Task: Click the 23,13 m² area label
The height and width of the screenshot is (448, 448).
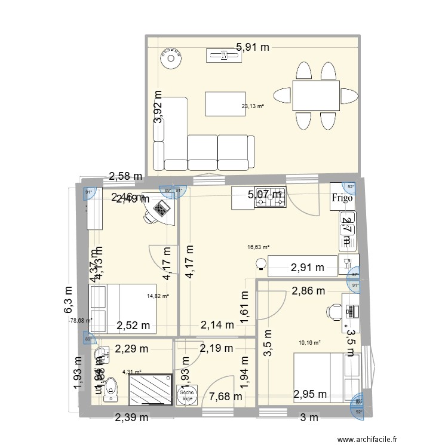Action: coord(253,107)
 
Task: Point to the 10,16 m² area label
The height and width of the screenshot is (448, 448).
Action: coord(309,343)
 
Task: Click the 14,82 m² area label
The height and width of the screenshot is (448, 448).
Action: coord(158,295)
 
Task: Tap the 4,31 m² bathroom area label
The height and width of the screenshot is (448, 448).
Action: coord(132,373)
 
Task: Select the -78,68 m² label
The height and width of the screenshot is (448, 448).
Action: coord(81,320)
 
